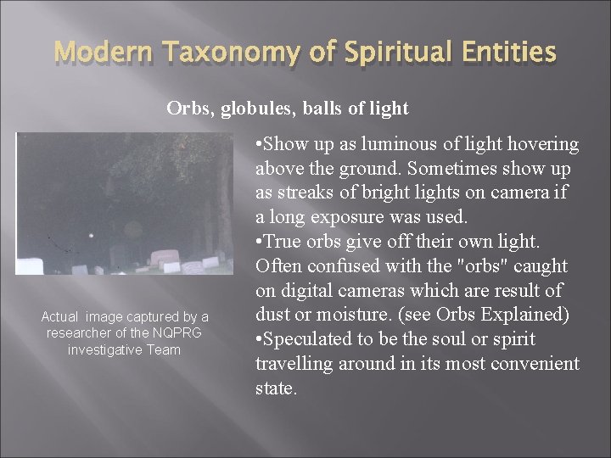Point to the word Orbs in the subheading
186,109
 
